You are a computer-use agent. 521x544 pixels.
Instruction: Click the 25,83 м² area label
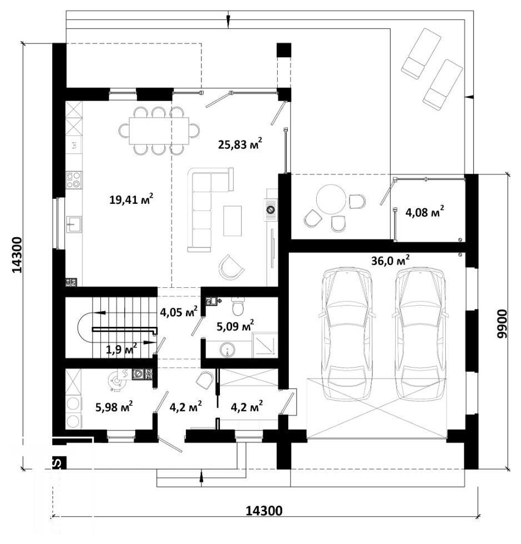pos(240,144)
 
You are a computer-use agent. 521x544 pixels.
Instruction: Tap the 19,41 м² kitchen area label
pos(131,199)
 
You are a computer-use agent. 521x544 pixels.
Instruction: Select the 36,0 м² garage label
pos(390,261)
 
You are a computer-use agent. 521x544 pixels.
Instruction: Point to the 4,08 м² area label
pos(425,212)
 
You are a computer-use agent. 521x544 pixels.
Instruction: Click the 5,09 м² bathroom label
pos(235,326)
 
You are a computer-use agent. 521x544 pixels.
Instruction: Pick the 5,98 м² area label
pos(114,406)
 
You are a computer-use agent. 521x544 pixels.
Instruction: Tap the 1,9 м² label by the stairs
pos(121,349)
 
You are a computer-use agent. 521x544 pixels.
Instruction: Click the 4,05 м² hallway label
pos(179,312)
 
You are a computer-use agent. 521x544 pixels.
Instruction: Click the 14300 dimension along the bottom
pos(264,511)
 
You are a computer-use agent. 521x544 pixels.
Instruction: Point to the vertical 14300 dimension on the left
pos(17,255)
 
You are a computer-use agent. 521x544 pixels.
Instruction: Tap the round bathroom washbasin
pos(228,350)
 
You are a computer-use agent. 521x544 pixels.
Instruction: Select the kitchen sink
pos(74,224)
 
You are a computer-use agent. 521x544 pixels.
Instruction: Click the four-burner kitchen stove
pos(74,180)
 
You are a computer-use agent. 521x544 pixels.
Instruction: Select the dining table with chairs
pos(159,130)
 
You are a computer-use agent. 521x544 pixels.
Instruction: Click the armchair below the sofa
pos(230,267)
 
